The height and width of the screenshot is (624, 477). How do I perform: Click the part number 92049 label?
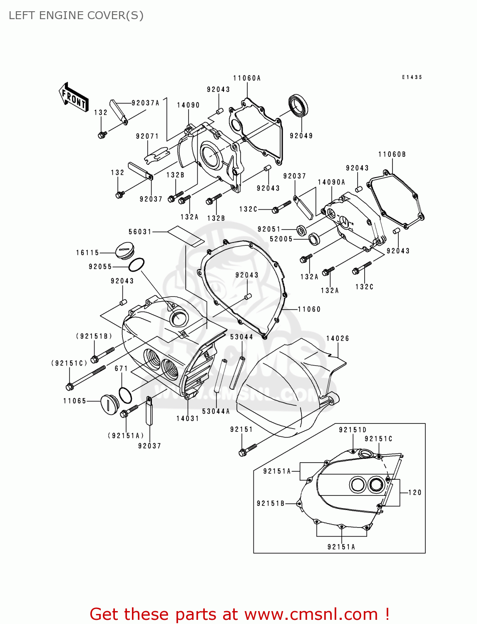point(301,136)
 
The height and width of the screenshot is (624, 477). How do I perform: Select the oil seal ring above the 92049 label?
point(298,106)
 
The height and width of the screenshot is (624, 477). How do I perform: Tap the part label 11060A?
point(246,78)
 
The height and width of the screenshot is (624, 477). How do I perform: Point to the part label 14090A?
point(331,182)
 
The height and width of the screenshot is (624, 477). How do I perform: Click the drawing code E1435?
point(412,77)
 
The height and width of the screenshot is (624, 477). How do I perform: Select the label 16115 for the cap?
point(87,253)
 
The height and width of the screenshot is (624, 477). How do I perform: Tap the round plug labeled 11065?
point(109,404)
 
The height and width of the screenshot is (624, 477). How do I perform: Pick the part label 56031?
point(140,232)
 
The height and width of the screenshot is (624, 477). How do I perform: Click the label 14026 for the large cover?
point(338,339)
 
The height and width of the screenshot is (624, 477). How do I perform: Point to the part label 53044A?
point(216,411)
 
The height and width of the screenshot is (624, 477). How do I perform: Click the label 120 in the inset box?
point(415,493)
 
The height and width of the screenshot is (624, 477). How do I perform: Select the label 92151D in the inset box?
point(353,430)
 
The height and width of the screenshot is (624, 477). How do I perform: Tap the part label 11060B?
point(392,154)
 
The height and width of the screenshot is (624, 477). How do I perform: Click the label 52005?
point(281,239)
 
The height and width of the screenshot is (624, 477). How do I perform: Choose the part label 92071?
point(147,136)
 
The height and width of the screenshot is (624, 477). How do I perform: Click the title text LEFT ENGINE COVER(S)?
point(76,15)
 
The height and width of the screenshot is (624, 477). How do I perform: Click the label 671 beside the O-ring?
point(121,369)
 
